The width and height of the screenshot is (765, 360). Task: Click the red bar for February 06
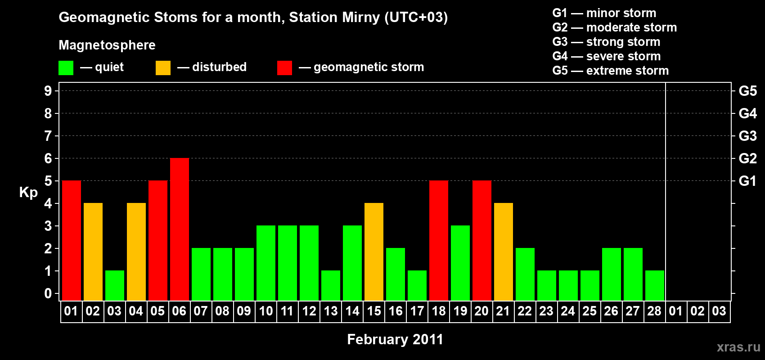point(180,229)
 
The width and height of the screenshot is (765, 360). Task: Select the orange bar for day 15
point(374,252)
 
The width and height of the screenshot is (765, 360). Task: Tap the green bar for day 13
point(331,286)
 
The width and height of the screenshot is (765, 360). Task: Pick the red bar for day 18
point(439,240)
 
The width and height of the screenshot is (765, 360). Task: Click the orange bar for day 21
point(504,252)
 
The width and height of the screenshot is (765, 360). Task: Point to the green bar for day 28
point(655,286)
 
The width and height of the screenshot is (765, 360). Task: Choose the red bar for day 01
point(72,240)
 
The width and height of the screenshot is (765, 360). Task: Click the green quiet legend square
point(66,67)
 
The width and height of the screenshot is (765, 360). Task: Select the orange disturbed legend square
point(163,67)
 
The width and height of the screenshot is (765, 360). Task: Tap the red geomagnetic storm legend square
point(284,67)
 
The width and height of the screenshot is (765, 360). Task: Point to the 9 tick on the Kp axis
point(48,91)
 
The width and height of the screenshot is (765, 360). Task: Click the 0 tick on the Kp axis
point(48,293)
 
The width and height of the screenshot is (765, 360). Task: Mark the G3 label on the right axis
point(747,136)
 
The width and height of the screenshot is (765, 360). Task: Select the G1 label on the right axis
point(747,181)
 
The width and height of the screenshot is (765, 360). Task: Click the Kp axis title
point(28,193)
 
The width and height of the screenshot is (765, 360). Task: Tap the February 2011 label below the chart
point(395,339)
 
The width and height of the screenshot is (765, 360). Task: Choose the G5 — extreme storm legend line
point(611,71)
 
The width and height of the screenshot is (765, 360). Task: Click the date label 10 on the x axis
point(266,311)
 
